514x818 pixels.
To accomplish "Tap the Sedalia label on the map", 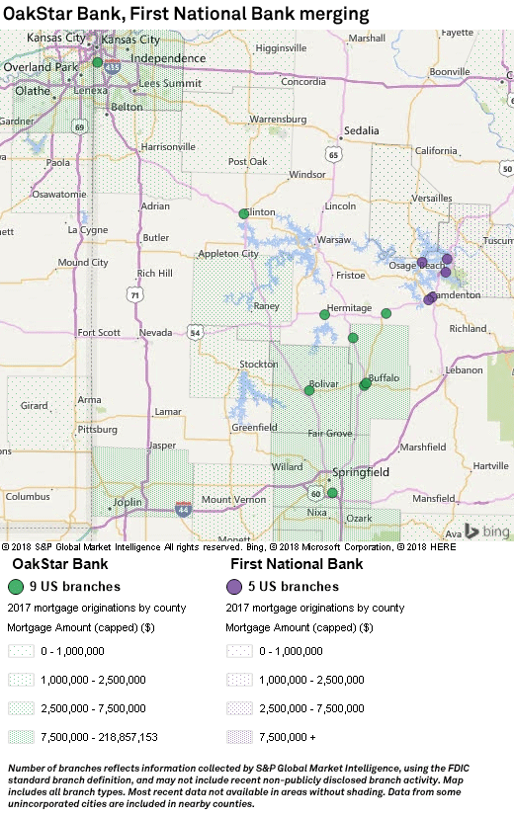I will pos(362,130).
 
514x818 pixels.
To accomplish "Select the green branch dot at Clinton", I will pos(244,213).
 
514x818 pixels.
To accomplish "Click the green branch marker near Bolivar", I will pos(309,390).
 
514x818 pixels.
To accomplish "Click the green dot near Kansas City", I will pos(98,61).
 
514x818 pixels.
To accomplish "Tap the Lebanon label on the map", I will pos(464,369).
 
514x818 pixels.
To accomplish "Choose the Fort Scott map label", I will pos(99,332).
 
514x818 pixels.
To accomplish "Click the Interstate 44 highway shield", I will pos(182,509).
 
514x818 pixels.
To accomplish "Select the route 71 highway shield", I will pos(133,294).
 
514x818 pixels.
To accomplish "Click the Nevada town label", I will pos(155,333).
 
